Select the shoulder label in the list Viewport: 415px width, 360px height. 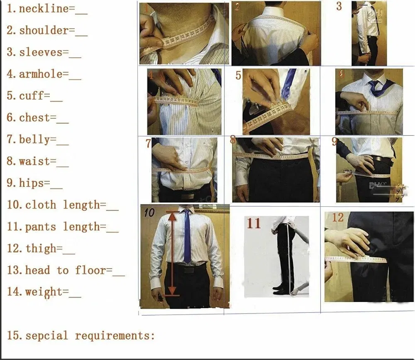pos(44,30)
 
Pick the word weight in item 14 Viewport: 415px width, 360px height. pos(44,291)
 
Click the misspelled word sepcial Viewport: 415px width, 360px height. pos(46,335)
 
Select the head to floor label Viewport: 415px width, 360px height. pos(65,270)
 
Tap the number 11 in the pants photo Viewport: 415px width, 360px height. pos(254,223)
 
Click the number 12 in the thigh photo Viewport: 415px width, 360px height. pos(338,217)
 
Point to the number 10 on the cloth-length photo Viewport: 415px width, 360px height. pos(149,213)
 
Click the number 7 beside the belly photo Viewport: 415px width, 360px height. pos(148,144)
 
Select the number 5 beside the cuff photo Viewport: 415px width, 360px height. pos(238,76)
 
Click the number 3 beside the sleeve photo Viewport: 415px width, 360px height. pos(339,6)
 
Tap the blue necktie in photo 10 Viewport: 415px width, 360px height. pos(187,237)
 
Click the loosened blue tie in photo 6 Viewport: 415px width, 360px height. pos(378,87)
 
